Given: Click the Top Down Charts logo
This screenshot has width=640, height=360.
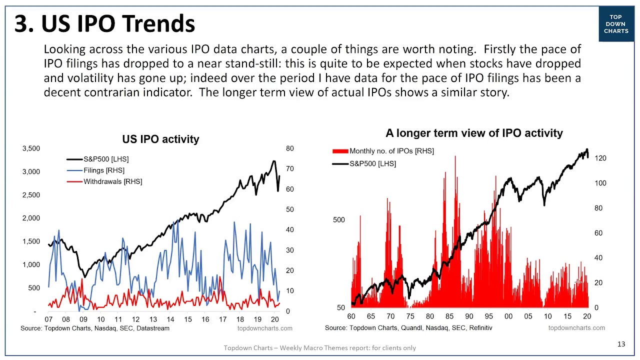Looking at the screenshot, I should (x=616, y=24).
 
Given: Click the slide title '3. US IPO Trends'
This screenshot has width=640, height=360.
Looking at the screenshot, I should (x=104, y=23).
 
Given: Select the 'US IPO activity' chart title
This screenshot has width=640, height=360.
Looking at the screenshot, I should (x=160, y=139).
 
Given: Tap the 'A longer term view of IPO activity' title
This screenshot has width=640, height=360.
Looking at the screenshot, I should (x=474, y=133).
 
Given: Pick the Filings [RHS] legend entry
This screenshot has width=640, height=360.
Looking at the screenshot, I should (x=103, y=170).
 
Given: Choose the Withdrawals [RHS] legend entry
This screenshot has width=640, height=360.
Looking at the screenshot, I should (x=112, y=181).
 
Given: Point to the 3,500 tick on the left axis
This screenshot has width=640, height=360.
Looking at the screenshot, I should (x=31, y=148).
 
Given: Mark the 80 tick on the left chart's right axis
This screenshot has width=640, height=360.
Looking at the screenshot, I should (x=290, y=148).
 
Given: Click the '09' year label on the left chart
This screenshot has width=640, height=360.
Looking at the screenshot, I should (x=83, y=319).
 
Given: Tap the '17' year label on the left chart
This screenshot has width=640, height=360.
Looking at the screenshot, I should (x=222, y=319).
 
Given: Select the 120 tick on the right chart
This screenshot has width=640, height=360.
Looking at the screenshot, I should (x=600, y=158).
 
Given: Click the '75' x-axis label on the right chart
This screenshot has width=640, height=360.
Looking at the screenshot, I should (x=410, y=316).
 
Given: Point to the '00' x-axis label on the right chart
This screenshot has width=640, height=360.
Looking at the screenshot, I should (x=508, y=316).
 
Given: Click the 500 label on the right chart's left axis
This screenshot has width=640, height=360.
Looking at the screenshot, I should (x=339, y=220).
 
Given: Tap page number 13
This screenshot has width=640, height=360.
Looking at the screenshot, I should (x=621, y=344).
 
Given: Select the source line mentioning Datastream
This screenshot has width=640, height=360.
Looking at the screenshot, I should (x=95, y=328).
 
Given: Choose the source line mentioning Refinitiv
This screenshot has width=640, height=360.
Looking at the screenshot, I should (x=408, y=328).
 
